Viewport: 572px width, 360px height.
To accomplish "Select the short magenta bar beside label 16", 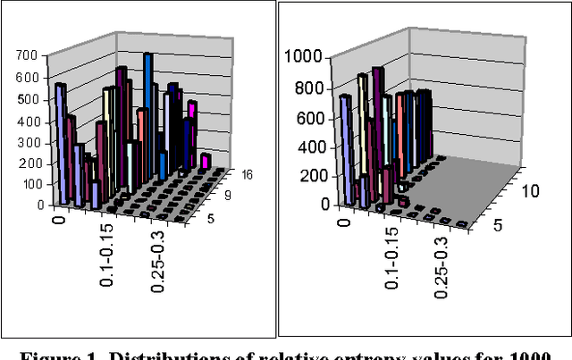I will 206,160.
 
